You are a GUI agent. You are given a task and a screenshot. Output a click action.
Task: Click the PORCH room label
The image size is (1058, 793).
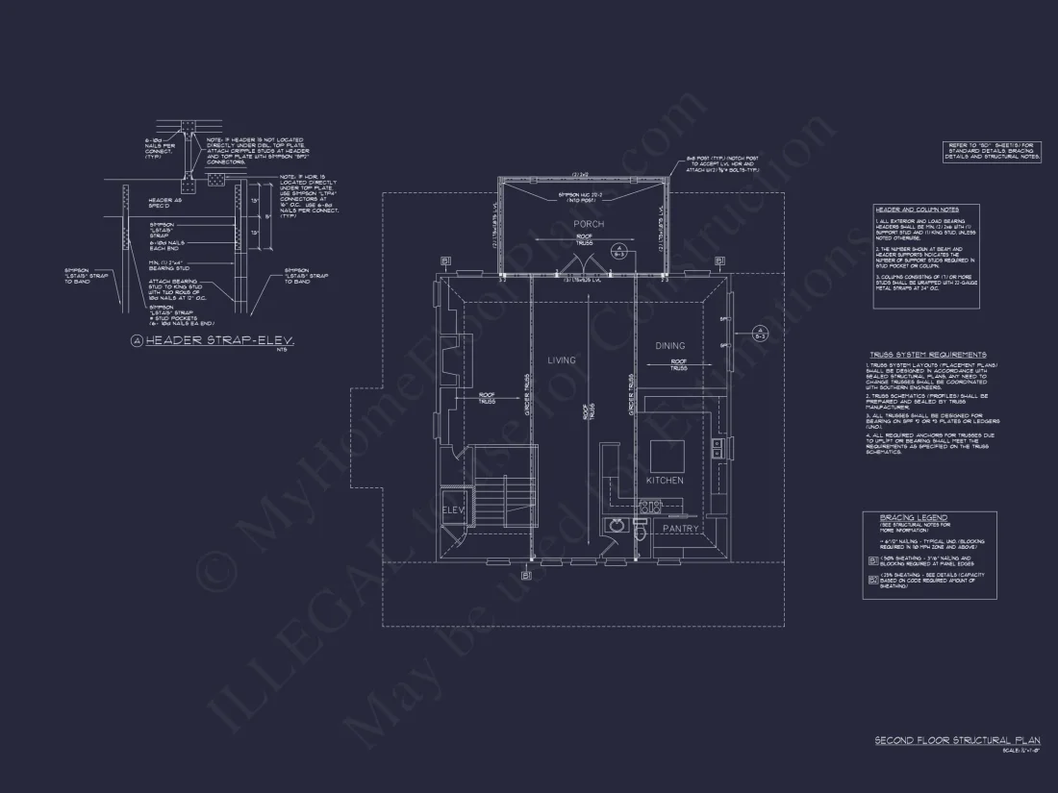point(587,224)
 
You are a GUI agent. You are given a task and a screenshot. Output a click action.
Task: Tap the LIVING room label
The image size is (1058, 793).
point(562,360)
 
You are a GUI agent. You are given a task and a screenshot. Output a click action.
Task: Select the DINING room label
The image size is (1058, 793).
point(670,346)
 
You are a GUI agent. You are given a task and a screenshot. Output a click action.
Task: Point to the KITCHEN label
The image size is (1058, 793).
point(665,480)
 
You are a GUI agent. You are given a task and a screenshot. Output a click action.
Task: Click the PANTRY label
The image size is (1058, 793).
point(680,529)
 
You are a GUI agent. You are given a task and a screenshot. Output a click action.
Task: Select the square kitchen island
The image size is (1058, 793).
point(668,454)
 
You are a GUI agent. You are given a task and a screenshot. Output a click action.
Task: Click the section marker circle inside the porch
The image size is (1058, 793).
point(620,252)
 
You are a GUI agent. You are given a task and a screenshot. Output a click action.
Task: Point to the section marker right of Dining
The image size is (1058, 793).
point(760,335)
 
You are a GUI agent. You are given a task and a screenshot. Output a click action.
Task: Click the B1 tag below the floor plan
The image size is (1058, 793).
point(525,575)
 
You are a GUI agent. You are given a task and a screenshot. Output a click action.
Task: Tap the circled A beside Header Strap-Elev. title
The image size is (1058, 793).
point(138,341)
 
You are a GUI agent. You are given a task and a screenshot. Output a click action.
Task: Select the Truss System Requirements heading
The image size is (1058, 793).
point(926,355)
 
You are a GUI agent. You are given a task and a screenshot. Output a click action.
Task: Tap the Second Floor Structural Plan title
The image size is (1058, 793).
point(957,740)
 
